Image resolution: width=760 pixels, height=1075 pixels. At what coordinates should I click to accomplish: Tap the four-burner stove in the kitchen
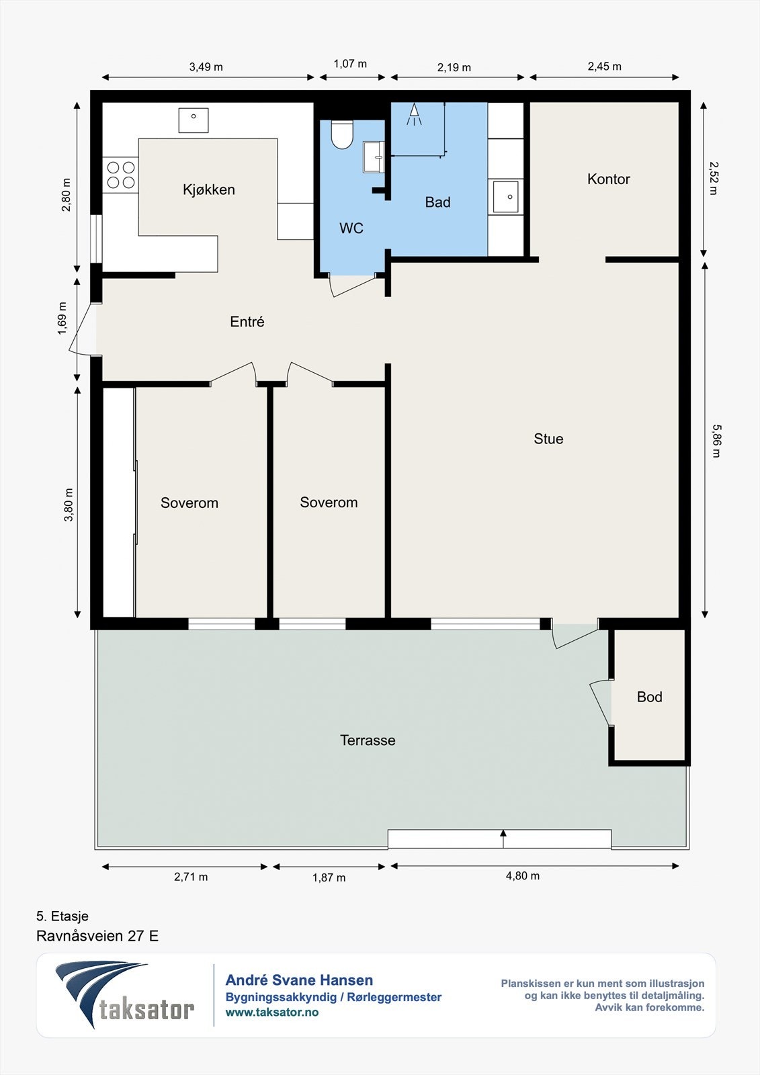pyautogui.click(x=120, y=175)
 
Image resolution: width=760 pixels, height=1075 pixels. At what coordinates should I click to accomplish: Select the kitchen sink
pyautogui.click(x=194, y=120)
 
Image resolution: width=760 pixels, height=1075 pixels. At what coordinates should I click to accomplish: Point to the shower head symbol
pyautogui.click(x=414, y=114)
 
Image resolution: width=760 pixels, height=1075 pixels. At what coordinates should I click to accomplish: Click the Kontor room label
pyautogui.click(x=608, y=179)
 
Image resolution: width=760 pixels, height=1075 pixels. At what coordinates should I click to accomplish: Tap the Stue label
pyautogui.click(x=548, y=439)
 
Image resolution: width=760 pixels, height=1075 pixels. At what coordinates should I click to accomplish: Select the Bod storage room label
pyautogui.click(x=650, y=696)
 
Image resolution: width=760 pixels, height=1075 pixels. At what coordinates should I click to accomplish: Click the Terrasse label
pyautogui.click(x=368, y=740)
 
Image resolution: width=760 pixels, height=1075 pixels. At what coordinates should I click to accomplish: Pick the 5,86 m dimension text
pyautogui.click(x=716, y=441)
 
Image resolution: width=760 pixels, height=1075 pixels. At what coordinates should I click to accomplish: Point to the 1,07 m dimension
pyautogui.click(x=350, y=64)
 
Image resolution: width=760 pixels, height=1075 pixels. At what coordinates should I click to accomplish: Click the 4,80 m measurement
pyautogui.click(x=522, y=876)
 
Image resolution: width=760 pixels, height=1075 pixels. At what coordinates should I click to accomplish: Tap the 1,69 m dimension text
pyautogui.click(x=62, y=318)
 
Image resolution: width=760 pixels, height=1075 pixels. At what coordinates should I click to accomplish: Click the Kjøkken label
pyautogui.click(x=209, y=189)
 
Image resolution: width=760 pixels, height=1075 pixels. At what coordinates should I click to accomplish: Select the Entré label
pyautogui.click(x=247, y=322)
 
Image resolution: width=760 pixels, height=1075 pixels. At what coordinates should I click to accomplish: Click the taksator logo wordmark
pyautogui.click(x=146, y=1009)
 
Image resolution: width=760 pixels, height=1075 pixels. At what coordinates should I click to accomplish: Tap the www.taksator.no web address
pyautogui.click(x=272, y=1012)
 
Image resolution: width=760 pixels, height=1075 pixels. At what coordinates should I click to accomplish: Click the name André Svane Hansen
pyautogui.click(x=299, y=980)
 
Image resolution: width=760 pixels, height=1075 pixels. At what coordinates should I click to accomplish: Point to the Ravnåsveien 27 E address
pyautogui.click(x=97, y=936)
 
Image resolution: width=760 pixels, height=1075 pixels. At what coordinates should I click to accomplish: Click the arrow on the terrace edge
pyautogui.click(x=503, y=838)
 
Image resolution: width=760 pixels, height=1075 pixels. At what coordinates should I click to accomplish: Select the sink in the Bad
pyautogui.click(x=505, y=197)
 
